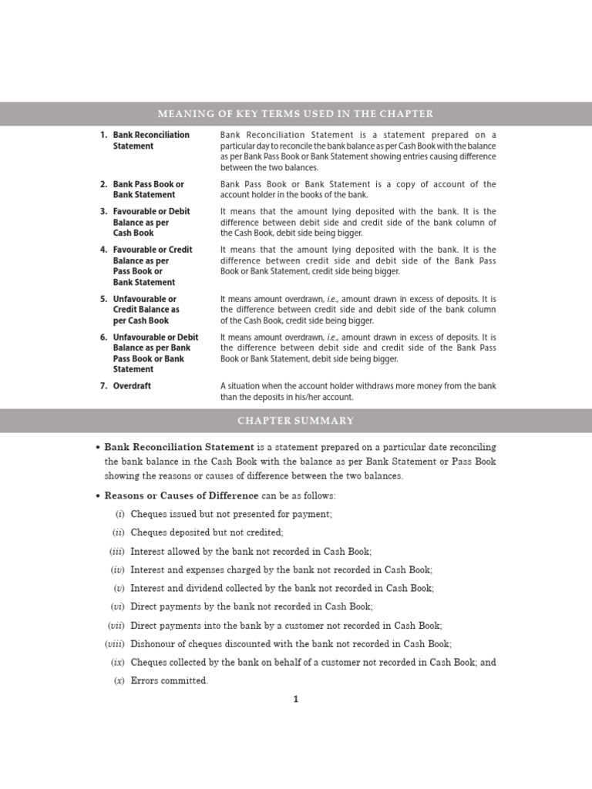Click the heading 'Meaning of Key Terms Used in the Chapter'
pos(296,114)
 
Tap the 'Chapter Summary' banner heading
pos(296,421)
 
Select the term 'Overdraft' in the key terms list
pos(132,386)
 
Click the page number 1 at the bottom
pos(295,700)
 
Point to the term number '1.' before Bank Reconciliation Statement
pos(103,135)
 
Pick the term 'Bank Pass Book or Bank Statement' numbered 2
pos(148,190)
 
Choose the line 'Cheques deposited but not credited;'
pos(207,532)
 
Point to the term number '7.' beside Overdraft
pos(103,386)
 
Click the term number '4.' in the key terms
pos(103,250)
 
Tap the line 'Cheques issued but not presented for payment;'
pos(231,514)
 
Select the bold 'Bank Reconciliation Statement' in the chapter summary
pos(179,447)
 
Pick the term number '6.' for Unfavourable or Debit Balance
pos(103,337)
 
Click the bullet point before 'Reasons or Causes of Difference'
pos(97,495)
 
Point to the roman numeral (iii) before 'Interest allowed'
pos(116,551)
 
